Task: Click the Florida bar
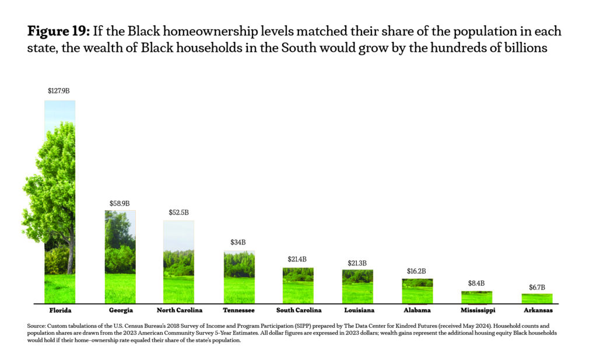(59, 201)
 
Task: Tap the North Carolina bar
(179, 262)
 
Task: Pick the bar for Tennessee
(238, 277)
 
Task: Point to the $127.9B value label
(59, 91)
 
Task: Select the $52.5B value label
(179, 213)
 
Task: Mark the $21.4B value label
(297, 259)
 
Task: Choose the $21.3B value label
(357, 263)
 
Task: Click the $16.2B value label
(417, 271)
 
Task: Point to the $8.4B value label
(476, 284)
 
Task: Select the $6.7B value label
(536, 287)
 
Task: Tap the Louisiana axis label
(358, 310)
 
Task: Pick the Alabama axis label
(417, 310)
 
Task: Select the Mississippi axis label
(477, 310)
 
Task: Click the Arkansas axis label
(537, 310)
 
